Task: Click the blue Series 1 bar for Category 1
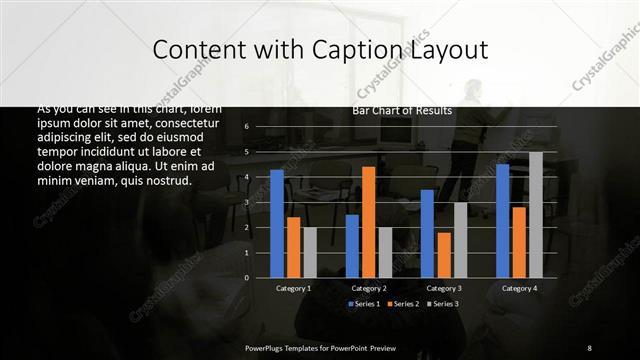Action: coord(277,223)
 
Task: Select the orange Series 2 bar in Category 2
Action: coord(369,221)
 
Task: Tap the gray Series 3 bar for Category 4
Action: coord(536,214)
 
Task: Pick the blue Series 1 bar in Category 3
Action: coord(427,233)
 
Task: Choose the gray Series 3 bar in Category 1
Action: coord(310,252)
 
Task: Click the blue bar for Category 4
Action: coord(502,220)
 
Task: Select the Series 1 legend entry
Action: coord(365,303)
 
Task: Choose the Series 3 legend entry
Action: coord(443,303)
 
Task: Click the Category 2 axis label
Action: coord(369,288)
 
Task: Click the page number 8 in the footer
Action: coord(589,347)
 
